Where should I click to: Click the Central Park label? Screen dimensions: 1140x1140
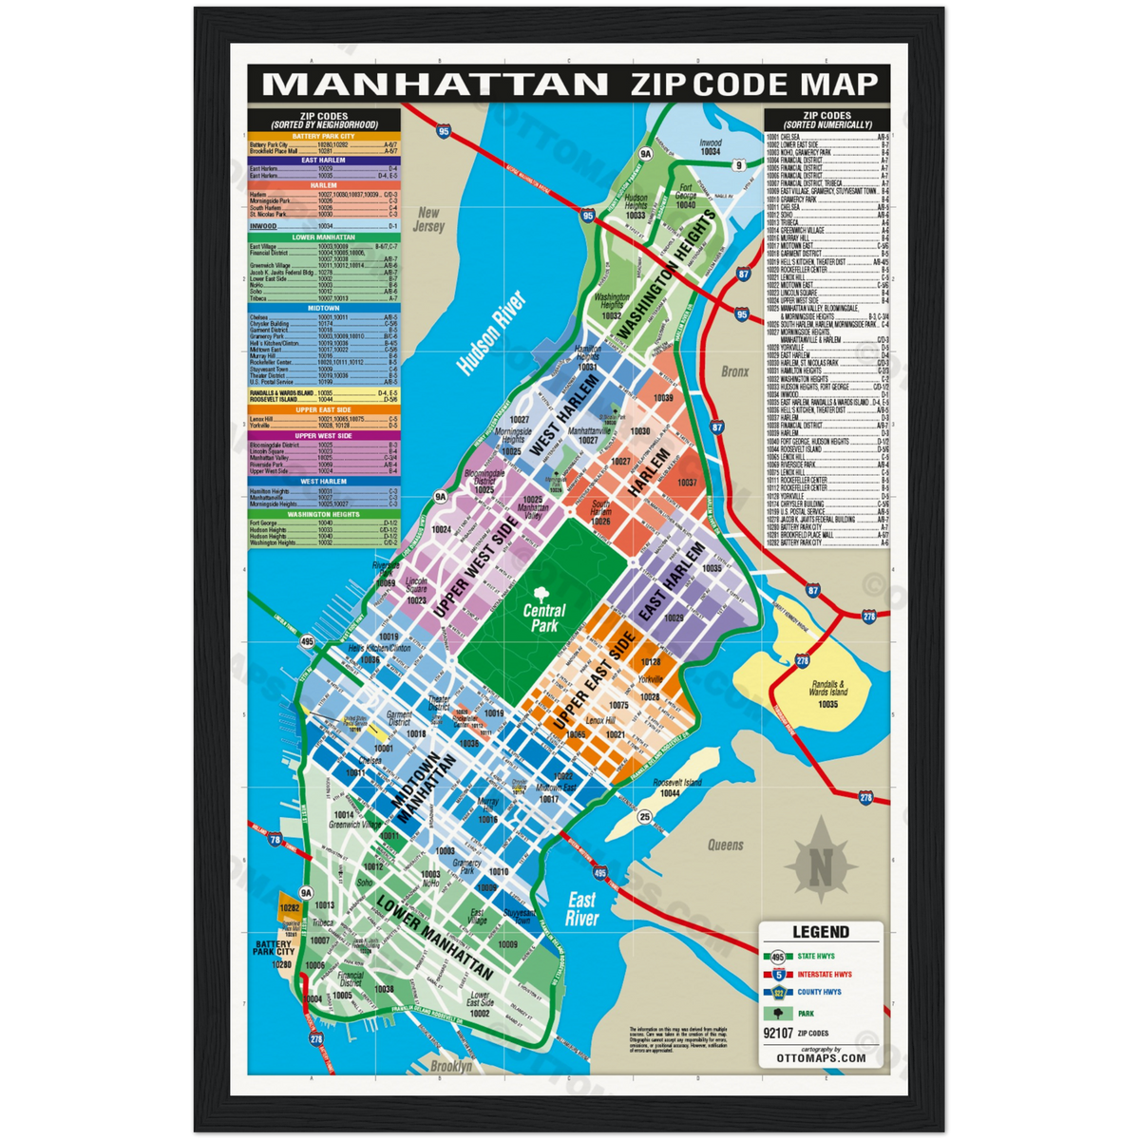[x=543, y=618]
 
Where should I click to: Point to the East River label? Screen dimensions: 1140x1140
[x=582, y=909]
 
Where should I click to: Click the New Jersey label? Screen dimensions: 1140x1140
[x=429, y=220]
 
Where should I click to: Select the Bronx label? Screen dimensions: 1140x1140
[x=734, y=371]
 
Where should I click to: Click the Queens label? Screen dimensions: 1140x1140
[x=725, y=845]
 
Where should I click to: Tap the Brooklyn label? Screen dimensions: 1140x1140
[x=451, y=1067]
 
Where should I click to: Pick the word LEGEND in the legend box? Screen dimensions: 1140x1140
[x=821, y=932]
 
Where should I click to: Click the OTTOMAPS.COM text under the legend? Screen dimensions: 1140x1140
[x=821, y=1057]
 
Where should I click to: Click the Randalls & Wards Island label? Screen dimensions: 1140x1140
[x=827, y=688]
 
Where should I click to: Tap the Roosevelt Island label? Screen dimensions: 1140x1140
[x=677, y=782]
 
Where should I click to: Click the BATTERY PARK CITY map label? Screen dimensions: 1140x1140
[x=274, y=948]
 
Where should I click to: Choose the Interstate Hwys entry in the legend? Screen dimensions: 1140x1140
[x=824, y=974]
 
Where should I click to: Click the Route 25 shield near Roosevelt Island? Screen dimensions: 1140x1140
[x=645, y=816]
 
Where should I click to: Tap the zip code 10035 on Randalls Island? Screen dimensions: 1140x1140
[x=827, y=704]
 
